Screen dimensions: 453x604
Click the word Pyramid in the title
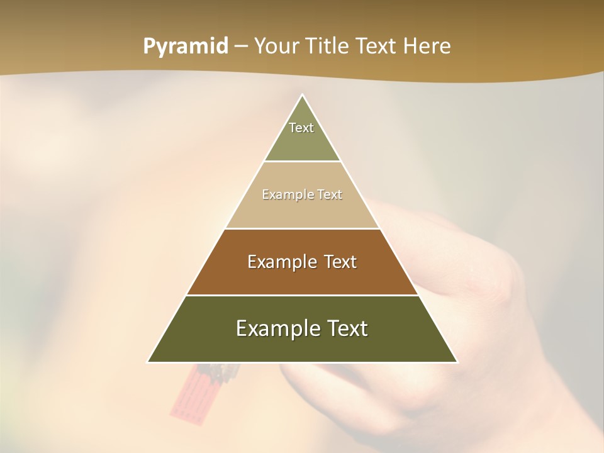click(x=185, y=47)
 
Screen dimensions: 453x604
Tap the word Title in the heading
click(x=328, y=47)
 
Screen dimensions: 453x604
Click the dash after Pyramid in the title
click(x=241, y=47)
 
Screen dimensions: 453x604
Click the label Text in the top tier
click(x=301, y=128)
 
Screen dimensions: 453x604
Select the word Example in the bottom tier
click(x=276, y=328)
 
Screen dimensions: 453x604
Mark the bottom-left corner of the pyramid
click(x=148, y=362)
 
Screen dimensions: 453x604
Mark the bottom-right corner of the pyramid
click(x=457, y=362)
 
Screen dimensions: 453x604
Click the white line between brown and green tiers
click(x=302, y=295)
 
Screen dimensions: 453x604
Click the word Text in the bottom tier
click(x=345, y=328)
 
